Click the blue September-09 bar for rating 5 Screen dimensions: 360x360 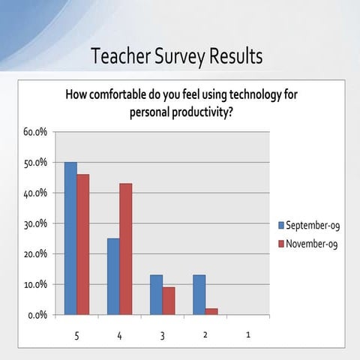(x=70, y=238)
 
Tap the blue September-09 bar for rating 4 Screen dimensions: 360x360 (x=113, y=277)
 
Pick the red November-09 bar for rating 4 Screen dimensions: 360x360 (x=126, y=249)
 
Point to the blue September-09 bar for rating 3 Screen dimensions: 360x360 (x=156, y=295)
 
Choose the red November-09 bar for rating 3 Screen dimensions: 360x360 (x=169, y=301)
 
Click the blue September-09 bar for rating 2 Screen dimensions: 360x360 (x=199, y=295)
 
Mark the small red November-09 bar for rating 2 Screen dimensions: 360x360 (x=211, y=311)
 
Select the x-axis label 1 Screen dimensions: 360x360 (x=248, y=335)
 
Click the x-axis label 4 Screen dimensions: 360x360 (x=119, y=335)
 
